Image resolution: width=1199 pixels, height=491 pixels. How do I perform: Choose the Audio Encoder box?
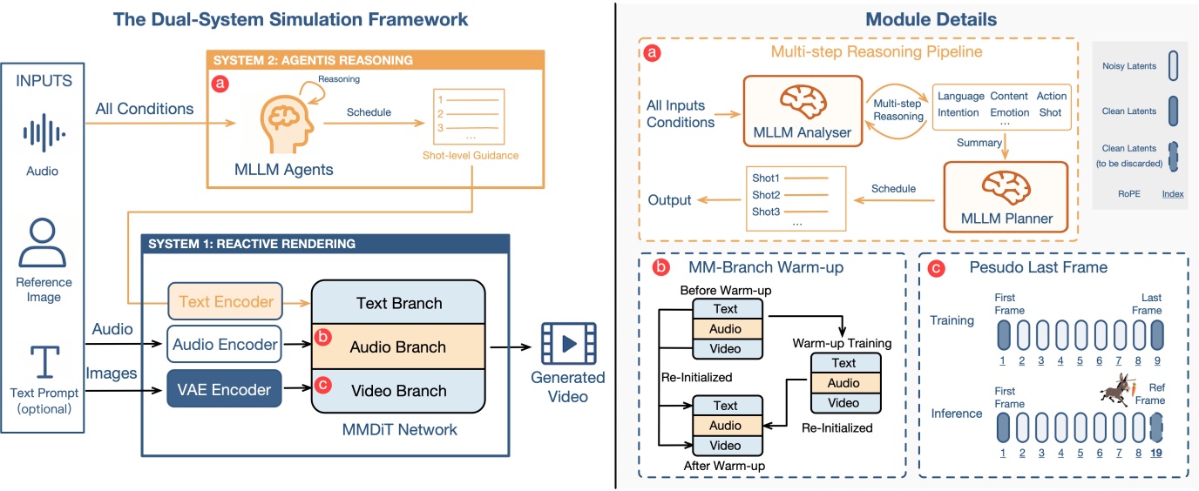(x=227, y=345)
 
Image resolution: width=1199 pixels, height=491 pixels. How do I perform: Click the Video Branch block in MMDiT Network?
(x=398, y=391)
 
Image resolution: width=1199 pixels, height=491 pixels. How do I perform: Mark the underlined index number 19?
(x=1157, y=454)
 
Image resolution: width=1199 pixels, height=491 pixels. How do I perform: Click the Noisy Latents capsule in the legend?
(x=1148, y=65)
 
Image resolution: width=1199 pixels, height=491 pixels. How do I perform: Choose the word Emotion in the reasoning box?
(x=1009, y=112)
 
